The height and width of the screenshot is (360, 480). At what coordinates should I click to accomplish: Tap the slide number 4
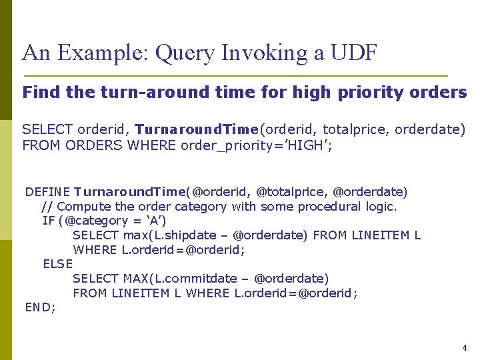click(x=465, y=348)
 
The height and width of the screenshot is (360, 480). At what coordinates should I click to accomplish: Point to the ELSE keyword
click(x=57, y=264)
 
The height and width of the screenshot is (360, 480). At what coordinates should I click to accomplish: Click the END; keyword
click(x=41, y=307)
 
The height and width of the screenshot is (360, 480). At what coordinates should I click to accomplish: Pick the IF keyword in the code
click(x=48, y=221)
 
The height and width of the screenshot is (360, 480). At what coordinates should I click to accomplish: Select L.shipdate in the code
click(x=185, y=235)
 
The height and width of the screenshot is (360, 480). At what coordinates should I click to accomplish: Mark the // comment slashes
click(x=47, y=206)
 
